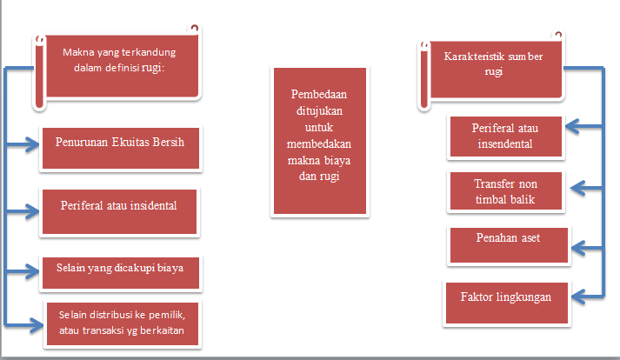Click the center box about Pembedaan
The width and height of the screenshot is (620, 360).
(312, 141)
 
